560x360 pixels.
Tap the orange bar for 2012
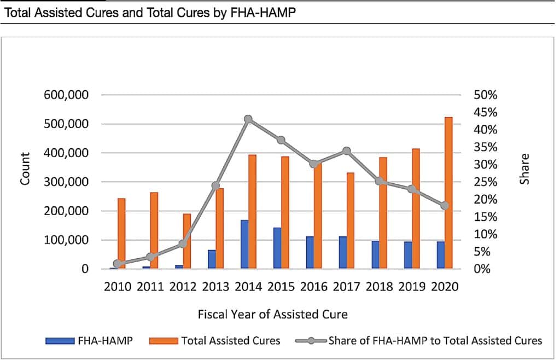(x=187, y=241)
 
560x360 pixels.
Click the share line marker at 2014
(x=248, y=119)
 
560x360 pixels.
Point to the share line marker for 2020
(x=445, y=206)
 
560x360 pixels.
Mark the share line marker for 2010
(x=117, y=264)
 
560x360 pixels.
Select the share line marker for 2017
(x=347, y=151)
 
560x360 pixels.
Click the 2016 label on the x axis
(x=314, y=287)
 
